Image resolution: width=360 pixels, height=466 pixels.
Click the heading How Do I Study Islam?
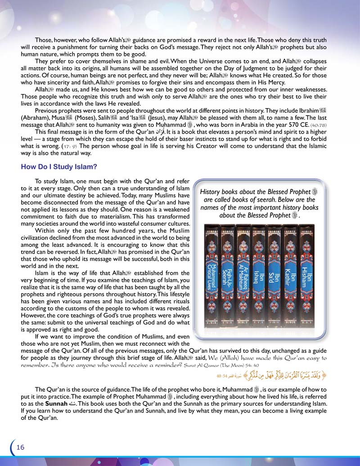coord(59,167)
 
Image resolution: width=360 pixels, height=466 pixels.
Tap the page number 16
coord(20,447)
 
